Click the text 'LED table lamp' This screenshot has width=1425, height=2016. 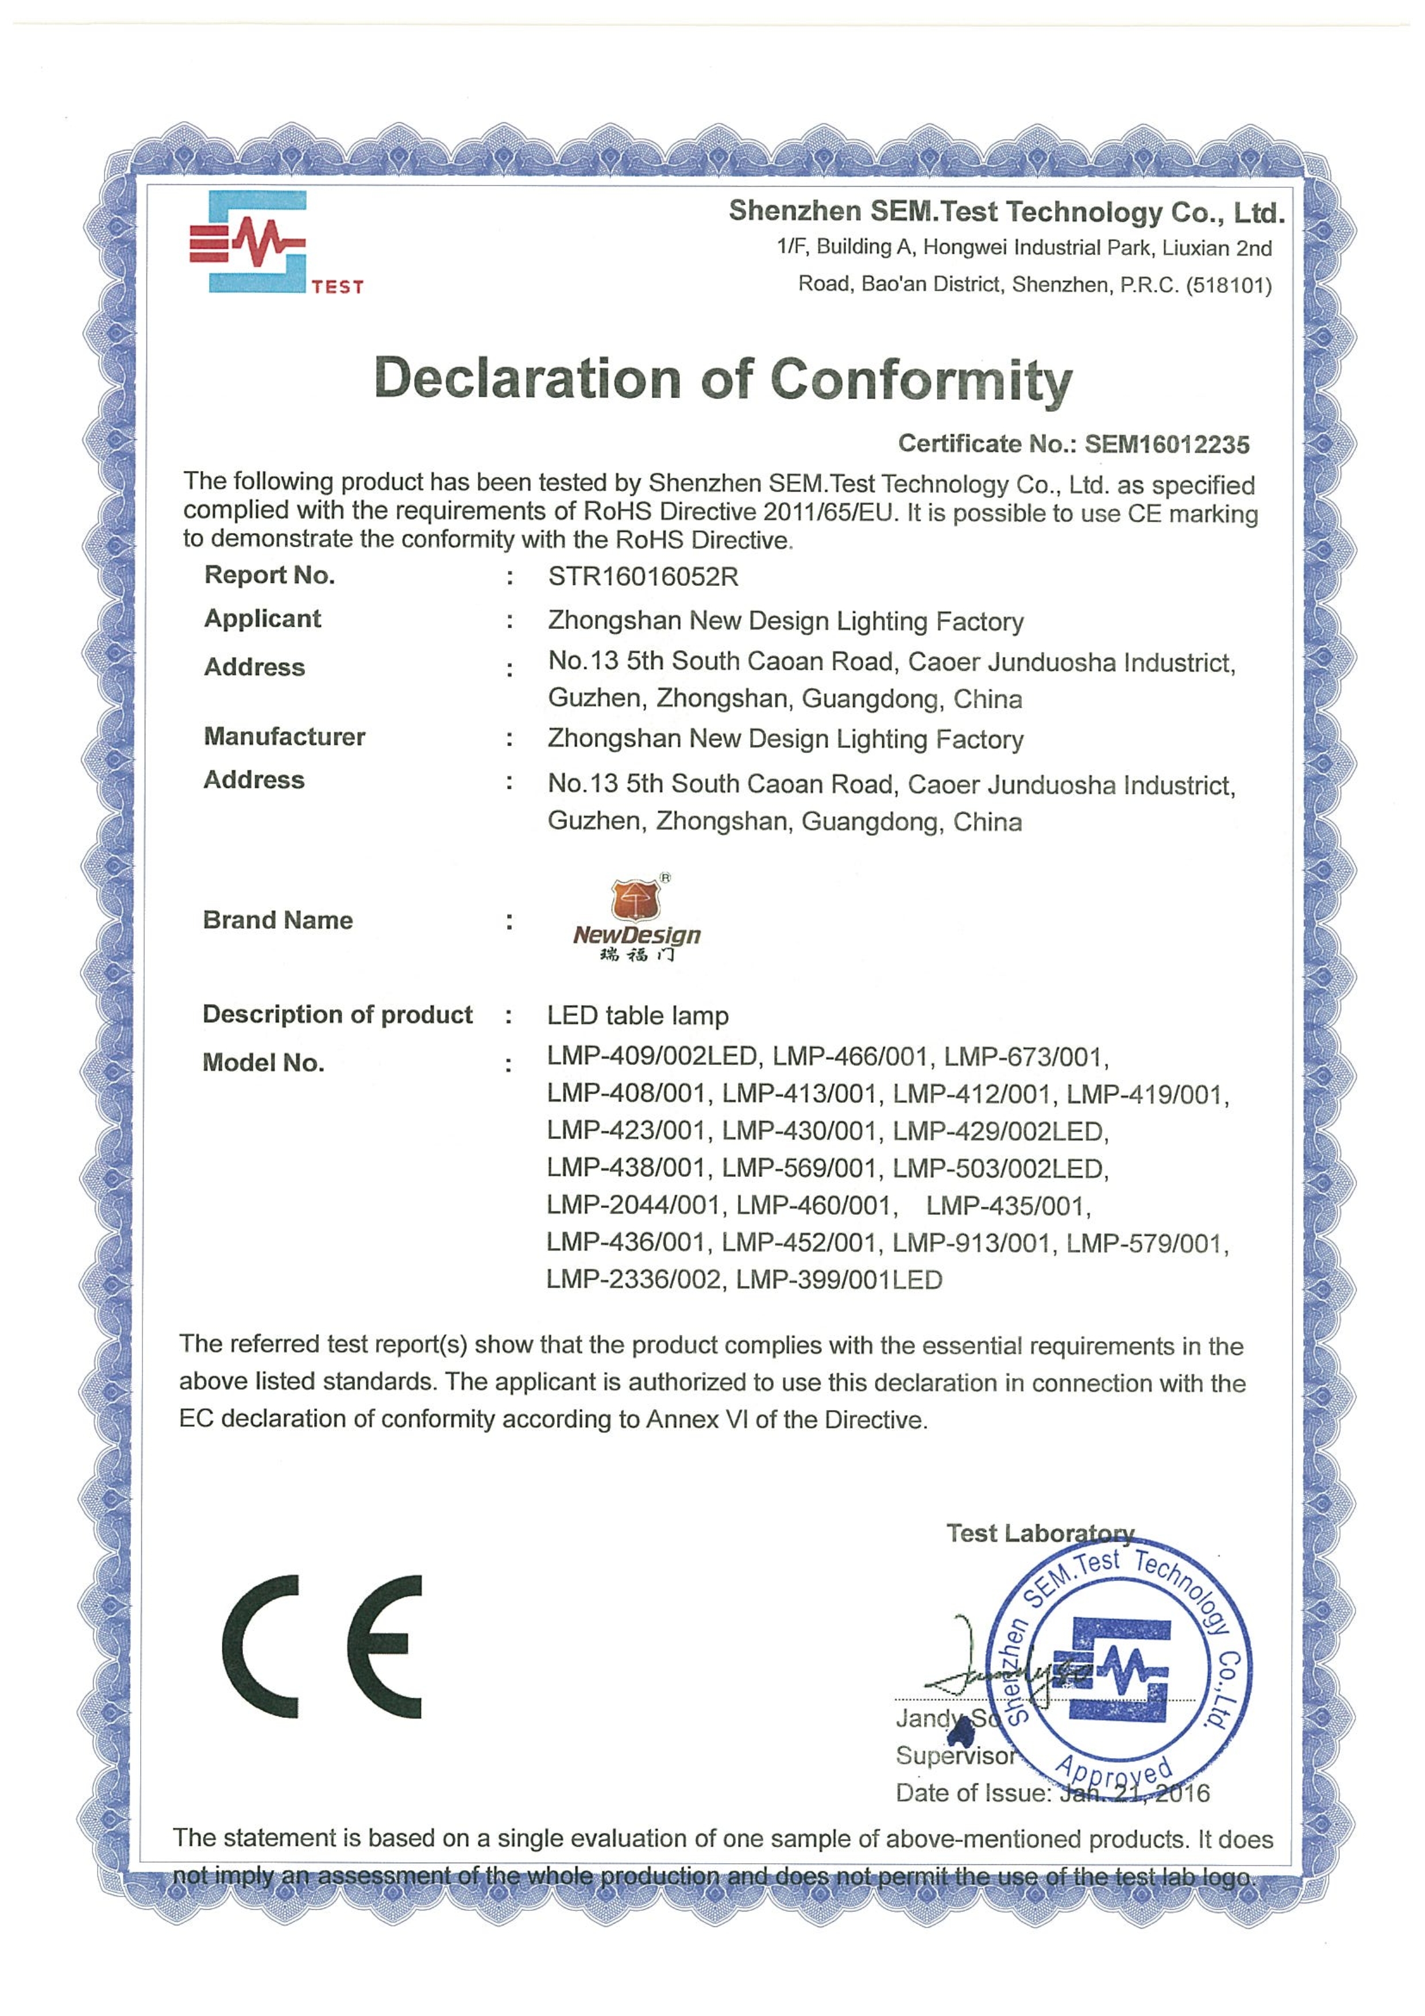click(x=638, y=1016)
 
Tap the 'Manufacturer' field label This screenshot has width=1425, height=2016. click(x=284, y=737)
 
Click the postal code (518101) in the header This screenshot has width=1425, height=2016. click(x=1229, y=285)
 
